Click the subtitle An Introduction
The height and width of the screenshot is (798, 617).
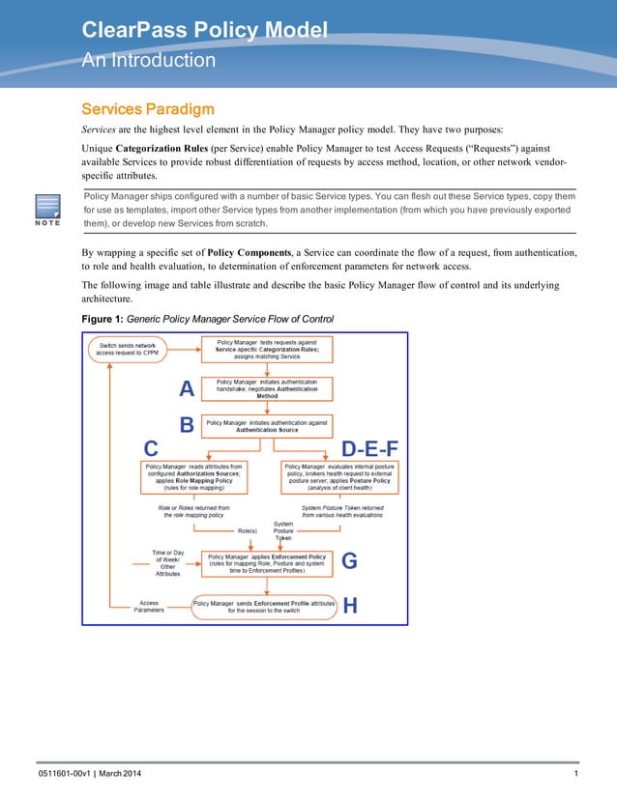tap(148, 60)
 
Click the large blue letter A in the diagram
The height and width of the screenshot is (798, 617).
tap(188, 388)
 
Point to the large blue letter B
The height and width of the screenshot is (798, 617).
tap(188, 424)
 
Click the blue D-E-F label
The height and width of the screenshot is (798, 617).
tap(370, 448)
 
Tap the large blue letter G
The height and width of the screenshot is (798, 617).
tap(350, 561)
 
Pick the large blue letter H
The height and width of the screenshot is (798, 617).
tap(350, 606)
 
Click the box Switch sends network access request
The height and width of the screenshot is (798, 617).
tap(132, 348)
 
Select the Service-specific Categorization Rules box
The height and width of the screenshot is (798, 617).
tap(266, 349)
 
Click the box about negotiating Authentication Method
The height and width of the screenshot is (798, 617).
tap(266, 388)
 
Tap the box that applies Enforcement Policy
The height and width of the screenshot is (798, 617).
tap(266, 563)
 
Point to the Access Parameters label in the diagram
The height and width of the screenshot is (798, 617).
tap(148, 607)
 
